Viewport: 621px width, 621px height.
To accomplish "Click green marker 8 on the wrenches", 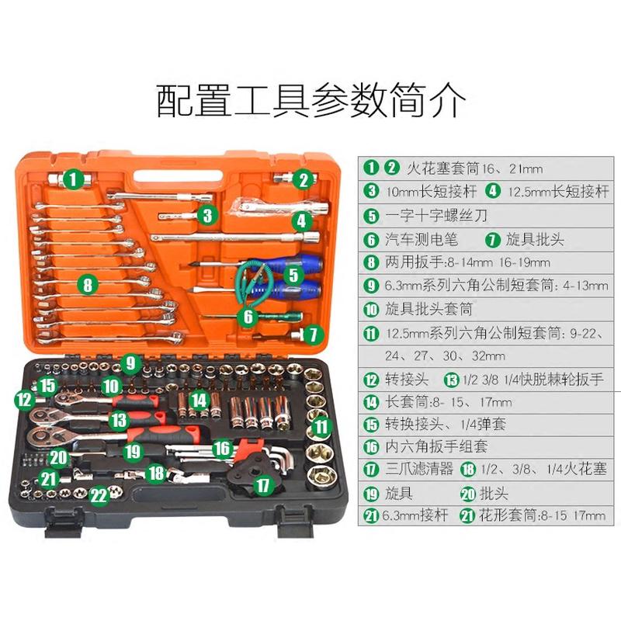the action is (88, 285).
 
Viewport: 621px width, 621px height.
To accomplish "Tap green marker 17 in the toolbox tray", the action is (265, 487).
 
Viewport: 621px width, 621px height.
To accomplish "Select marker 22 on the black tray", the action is (99, 495).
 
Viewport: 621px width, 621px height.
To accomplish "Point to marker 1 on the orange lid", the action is (74, 180).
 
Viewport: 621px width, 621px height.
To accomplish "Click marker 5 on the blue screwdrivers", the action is (293, 274).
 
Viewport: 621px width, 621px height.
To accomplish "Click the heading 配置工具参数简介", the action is (310, 100).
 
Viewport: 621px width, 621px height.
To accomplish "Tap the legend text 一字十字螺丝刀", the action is (432, 216).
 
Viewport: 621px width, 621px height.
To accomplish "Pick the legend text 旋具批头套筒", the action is (429, 309).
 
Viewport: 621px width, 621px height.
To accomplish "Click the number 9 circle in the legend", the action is (372, 286).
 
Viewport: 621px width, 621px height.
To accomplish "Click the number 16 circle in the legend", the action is (372, 447).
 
